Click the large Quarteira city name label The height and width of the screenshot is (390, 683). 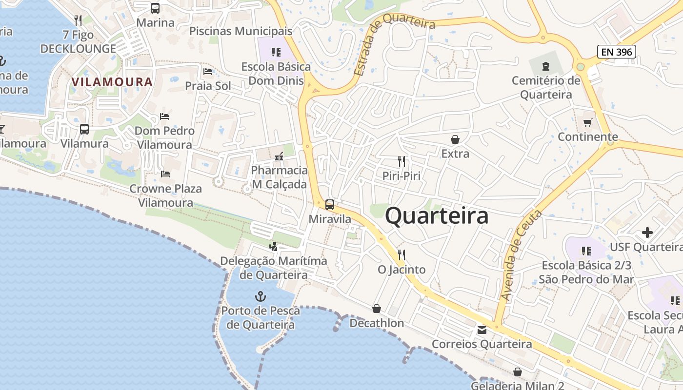pos(437,216)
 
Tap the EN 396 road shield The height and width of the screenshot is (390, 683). pos(617,52)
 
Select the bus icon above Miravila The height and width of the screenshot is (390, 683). pos(330,205)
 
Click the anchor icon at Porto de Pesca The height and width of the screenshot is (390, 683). pos(261,296)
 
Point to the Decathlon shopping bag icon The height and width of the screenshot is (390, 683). pos(377,309)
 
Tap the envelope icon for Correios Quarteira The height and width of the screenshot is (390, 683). pos(482,330)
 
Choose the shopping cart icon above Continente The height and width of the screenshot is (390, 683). pos(588,122)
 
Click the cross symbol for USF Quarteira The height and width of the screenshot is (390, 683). pos(647,233)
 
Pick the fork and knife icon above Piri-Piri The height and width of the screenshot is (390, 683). pos(402,161)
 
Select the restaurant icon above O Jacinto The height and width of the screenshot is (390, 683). pos(402,254)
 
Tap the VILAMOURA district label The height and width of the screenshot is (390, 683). pos(112,82)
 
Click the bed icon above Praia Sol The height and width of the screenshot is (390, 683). pos(208,72)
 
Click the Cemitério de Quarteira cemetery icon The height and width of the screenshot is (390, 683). pos(546,66)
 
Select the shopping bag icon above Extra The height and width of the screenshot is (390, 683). pos(455,139)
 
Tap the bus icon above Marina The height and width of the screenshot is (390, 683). pos(155,8)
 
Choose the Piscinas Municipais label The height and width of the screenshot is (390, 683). pos(241,31)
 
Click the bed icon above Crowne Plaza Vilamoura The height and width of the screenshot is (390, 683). pos(165,174)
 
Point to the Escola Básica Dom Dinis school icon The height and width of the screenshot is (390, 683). pos(276,52)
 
